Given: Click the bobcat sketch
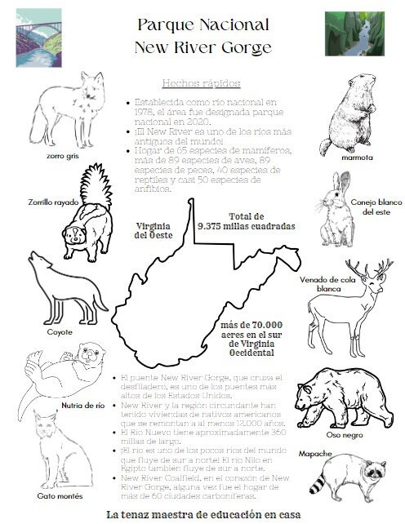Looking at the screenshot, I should point(62,449).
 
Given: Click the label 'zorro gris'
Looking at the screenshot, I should point(62,153).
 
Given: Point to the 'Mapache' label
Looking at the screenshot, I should point(315,452).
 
